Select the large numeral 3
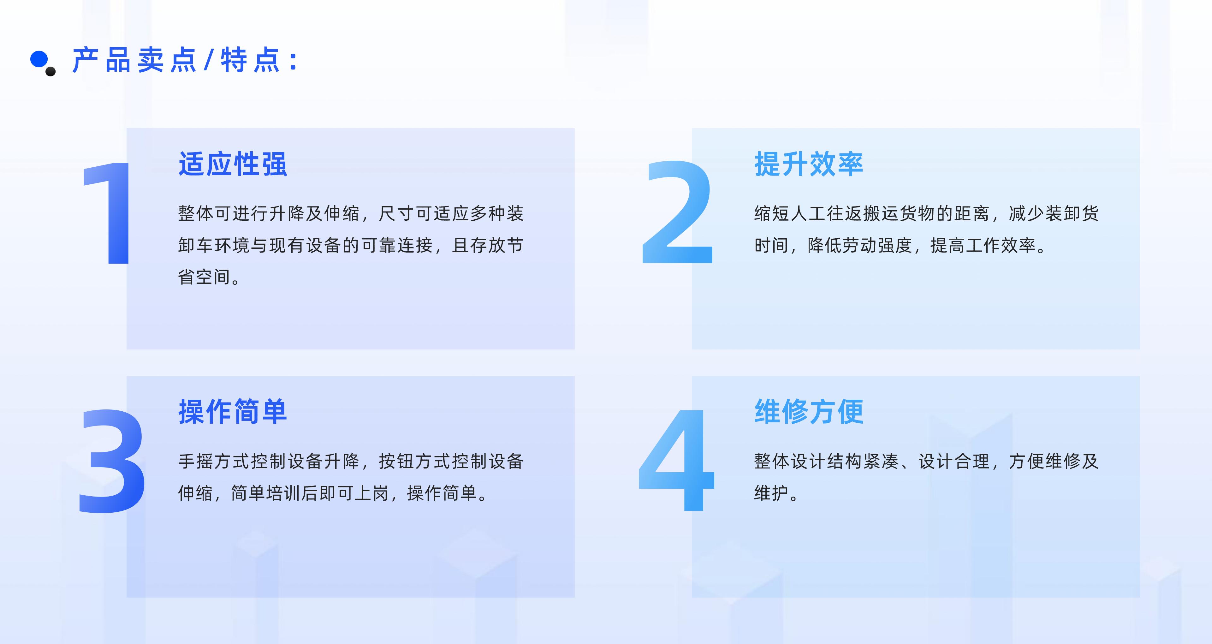tap(112, 461)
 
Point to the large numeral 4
tap(678, 460)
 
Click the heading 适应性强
tap(232, 164)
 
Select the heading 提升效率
tap(808, 164)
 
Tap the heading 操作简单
tap(232, 412)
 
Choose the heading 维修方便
tap(808, 412)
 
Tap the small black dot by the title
tap(51, 72)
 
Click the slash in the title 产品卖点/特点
tap(208, 60)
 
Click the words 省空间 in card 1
tap(205, 277)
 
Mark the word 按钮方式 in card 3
tap(414, 461)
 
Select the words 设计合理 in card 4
tap(954, 461)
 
